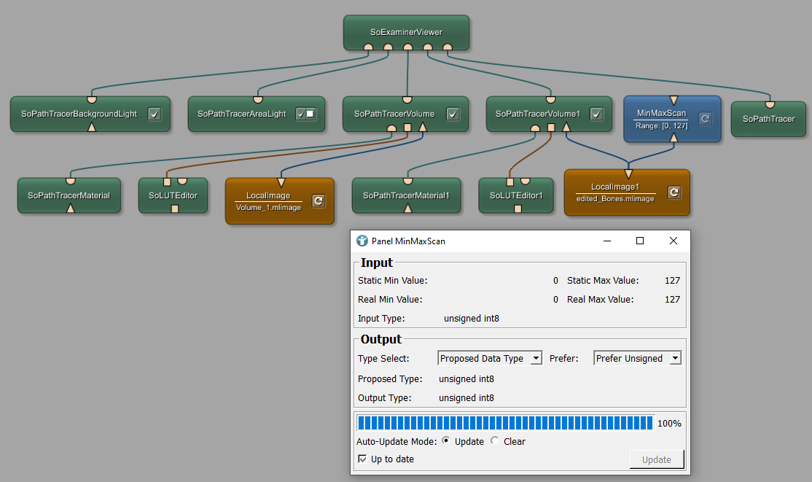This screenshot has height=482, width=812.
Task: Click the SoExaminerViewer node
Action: point(407,32)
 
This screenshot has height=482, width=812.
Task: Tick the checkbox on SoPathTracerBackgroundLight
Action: point(154,114)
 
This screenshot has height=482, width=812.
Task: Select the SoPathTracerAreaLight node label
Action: point(241,114)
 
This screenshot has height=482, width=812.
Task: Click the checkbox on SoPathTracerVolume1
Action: point(596,114)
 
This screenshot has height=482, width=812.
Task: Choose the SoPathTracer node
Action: point(768,118)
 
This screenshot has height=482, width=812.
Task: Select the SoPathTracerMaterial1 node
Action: point(406,195)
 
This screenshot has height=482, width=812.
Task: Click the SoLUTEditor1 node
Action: point(517,195)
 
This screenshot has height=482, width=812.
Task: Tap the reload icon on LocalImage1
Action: point(674,193)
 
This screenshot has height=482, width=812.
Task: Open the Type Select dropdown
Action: point(490,358)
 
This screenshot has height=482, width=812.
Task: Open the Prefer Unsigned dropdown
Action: point(637,358)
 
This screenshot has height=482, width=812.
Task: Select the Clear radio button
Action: point(496,441)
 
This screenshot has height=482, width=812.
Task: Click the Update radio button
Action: point(446,441)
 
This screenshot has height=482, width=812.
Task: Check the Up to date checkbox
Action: point(363,459)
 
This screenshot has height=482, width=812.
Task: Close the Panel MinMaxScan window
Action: point(674,241)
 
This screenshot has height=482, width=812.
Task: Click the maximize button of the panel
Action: point(640,241)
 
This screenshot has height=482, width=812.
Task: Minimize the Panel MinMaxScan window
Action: point(606,241)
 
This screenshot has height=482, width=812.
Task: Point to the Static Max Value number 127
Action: point(672,280)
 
